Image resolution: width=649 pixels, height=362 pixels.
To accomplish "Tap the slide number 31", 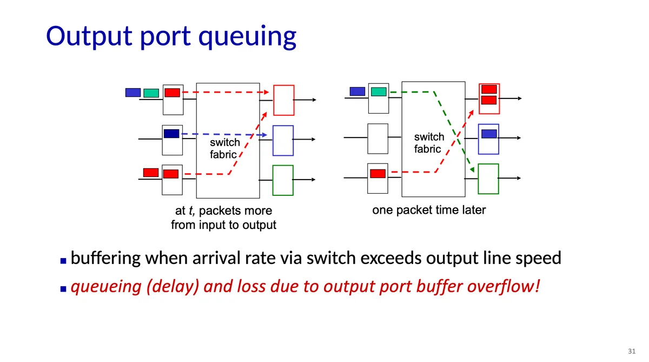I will pos(632,351).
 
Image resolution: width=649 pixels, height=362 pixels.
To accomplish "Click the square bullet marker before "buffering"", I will pos(63,261).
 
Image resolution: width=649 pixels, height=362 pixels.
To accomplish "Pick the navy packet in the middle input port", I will pos(171,134).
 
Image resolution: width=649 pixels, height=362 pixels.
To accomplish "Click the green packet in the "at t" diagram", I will pos(151,93).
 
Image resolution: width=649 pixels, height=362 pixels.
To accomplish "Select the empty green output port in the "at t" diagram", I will pos(283,180).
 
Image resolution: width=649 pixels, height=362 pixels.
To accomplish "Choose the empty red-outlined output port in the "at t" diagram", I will pos(284,100).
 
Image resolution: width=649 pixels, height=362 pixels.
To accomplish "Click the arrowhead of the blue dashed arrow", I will pos(265,135).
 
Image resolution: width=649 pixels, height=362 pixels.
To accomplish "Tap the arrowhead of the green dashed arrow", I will pos(472,170).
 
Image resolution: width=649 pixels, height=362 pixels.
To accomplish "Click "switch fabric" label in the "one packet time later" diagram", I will pos(429,143).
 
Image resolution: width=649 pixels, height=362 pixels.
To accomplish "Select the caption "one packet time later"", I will pos(429,210).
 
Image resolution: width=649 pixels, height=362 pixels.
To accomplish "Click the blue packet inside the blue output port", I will pos(489,134).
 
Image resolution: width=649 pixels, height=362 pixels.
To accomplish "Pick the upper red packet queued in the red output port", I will pos(489,89).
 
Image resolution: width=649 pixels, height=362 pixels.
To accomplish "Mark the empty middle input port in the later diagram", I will pos(378,139).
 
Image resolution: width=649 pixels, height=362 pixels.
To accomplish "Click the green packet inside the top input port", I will pos(379,91).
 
